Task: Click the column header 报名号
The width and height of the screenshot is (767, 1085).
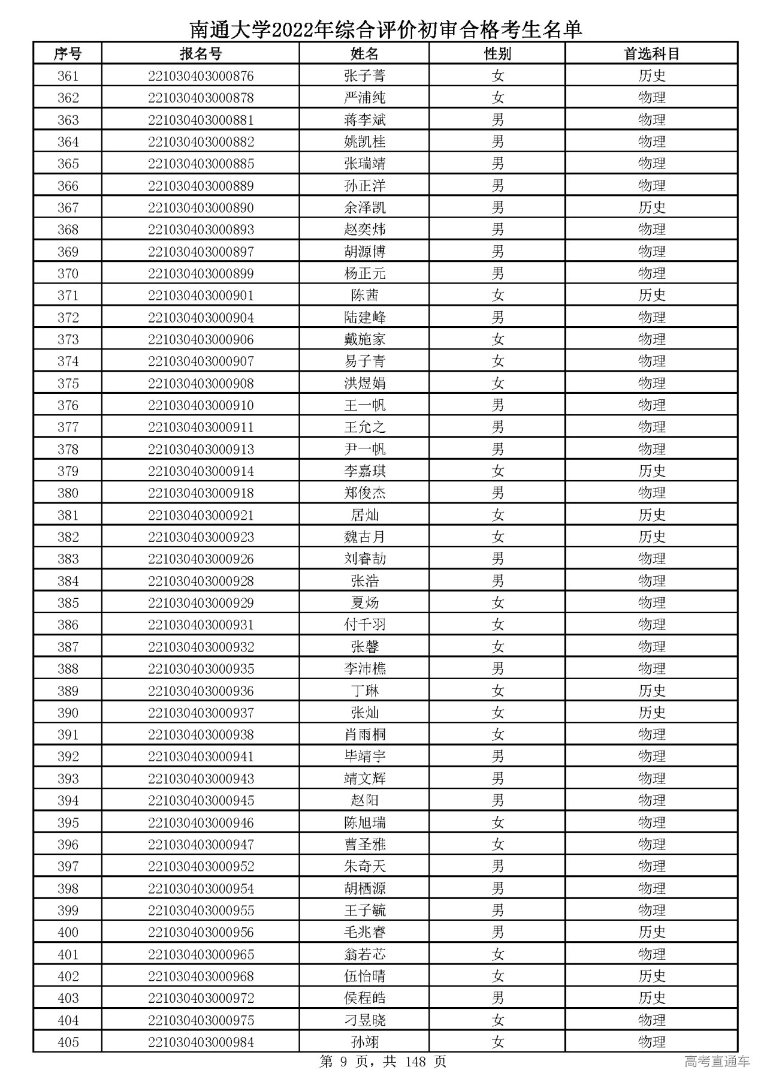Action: [201, 54]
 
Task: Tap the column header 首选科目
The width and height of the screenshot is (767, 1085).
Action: [651, 54]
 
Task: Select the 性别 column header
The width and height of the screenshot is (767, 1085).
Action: [497, 54]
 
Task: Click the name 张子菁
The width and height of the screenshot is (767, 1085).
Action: [364, 76]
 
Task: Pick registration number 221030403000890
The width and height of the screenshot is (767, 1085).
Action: [201, 208]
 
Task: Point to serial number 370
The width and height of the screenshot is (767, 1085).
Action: [68, 274]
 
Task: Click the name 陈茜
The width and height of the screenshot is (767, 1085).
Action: [364, 296]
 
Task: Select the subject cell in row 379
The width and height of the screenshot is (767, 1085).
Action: [651, 471]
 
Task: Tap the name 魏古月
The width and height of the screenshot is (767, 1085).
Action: [364, 537]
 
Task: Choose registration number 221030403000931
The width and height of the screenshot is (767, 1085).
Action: [201, 625]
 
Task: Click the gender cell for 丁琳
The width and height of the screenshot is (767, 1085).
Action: [497, 691]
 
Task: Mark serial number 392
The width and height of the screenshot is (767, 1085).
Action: [68, 757]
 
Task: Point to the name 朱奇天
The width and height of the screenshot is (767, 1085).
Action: [364, 867]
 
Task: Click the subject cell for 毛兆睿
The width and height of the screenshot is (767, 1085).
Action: [651, 932]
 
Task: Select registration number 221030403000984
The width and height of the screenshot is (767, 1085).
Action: [201, 1042]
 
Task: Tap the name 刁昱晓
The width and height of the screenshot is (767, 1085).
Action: [364, 1020]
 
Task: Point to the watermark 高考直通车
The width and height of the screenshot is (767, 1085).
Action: [717, 1062]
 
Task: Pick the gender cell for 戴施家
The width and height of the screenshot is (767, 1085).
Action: [497, 340]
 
